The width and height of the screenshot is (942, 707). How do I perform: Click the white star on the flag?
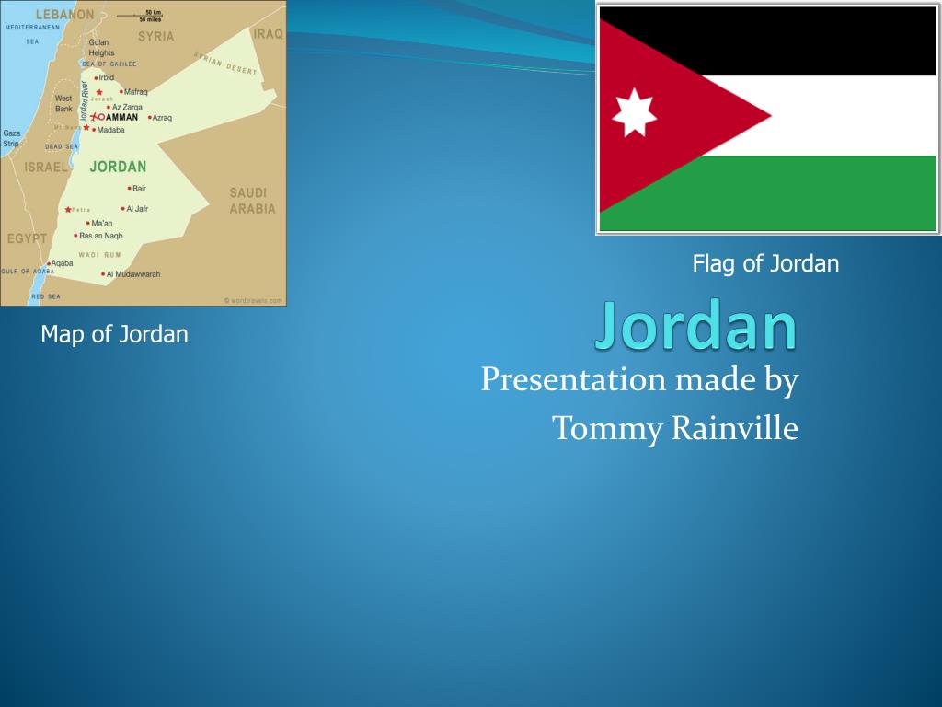tap(634, 111)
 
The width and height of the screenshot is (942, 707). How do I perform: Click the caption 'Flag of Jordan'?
tap(765, 264)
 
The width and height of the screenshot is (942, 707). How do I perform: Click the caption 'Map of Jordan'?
tap(114, 334)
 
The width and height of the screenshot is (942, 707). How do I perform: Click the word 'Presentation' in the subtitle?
tap(572, 379)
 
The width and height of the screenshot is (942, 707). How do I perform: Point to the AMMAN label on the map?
tap(121, 118)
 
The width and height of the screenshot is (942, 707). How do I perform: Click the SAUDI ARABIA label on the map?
tap(251, 201)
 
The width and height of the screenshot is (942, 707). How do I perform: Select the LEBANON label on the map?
tap(64, 15)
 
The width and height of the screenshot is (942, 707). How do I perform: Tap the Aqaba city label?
tap(62, 263)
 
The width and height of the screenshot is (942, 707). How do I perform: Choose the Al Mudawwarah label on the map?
tap(132, 274)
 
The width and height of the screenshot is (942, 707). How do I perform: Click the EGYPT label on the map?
tap(27, 238)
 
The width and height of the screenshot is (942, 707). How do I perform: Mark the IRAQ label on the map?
tap(269, 33)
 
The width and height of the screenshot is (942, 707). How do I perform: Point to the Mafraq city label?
tap(135, 92)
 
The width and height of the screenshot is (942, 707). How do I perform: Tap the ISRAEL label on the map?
tap(46, 168)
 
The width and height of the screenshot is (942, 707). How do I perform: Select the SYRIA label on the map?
tap(155, 37)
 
